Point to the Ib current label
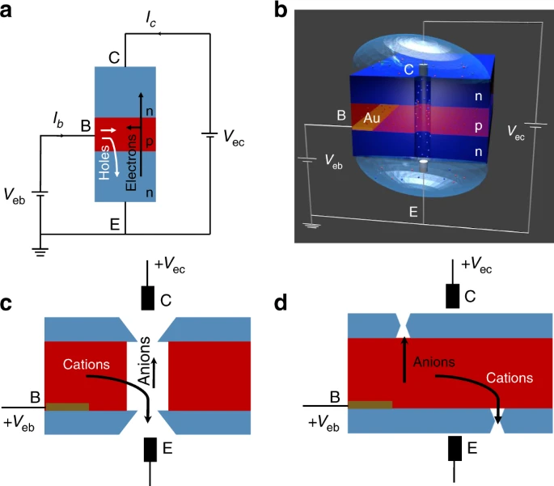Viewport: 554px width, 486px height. click(57, 120)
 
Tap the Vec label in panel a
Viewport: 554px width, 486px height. click(235, 142)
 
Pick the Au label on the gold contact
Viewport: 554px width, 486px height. click(372, 118)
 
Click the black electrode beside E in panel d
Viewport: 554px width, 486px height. click(456, 447)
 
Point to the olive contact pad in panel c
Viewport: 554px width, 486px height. click(67, 406)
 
